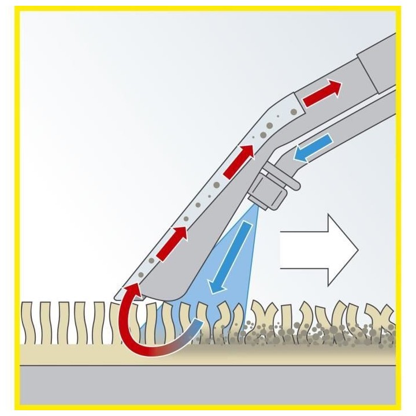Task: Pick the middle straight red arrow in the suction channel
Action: pos(238,161)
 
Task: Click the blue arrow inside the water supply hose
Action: pos(312,147)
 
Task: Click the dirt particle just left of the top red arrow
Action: pos(294,111)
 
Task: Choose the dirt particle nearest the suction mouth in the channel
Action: pos(151,261)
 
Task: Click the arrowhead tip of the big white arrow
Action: pos(358,250)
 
